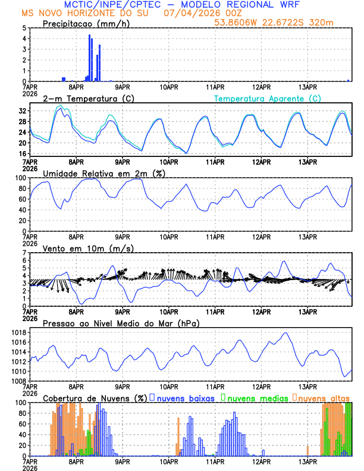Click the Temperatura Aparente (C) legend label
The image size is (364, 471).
pos(267,98)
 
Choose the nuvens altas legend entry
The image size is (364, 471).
pos(324,397)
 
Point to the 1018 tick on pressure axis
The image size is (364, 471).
pos(20,332)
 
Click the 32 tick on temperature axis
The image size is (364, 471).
pos(22,111)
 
